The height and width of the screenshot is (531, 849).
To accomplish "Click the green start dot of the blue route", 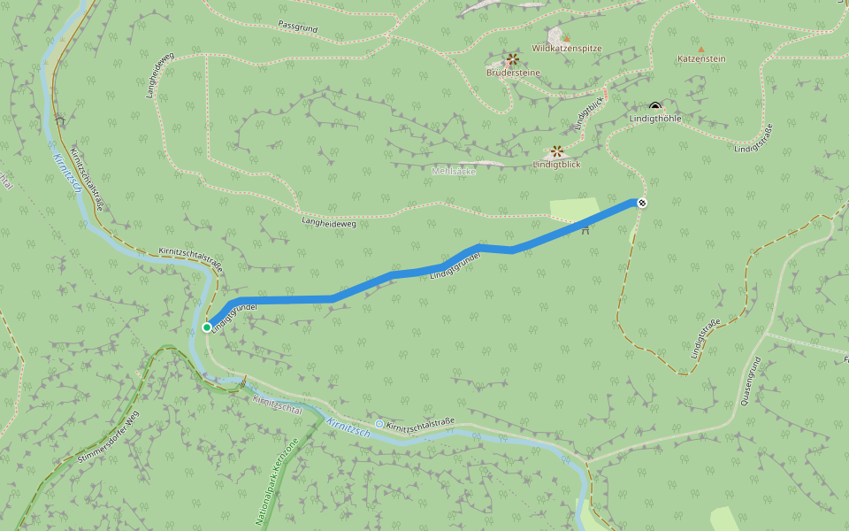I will point(207,327).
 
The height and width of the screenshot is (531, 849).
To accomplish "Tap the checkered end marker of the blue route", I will point(642,203).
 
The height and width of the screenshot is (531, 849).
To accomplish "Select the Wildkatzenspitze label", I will point(566,48).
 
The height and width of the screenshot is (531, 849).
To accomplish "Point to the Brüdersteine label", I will point(512,73).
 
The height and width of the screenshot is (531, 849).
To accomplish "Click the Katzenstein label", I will point(701,59).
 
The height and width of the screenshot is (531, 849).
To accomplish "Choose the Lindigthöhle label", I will point(655,119).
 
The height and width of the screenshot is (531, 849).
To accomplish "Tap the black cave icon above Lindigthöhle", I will point(655,107).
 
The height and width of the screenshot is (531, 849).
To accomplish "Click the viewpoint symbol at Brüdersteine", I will point(512,59).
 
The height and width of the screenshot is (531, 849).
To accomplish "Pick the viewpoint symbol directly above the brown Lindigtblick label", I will point(557,151).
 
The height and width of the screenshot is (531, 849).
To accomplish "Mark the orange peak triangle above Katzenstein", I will point(701,50).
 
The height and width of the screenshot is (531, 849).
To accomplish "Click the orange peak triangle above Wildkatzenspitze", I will point(567,39).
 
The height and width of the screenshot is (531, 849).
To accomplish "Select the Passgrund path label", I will point(297,27).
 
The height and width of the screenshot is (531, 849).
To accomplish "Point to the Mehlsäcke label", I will point(454,171).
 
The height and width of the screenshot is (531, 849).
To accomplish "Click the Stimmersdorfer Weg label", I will point(109,438).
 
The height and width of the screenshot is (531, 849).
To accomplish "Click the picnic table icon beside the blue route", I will point(585,231).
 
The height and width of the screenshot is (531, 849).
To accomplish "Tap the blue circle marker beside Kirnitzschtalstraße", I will point(379,425).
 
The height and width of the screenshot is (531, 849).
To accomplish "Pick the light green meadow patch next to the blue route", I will point(574,210).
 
